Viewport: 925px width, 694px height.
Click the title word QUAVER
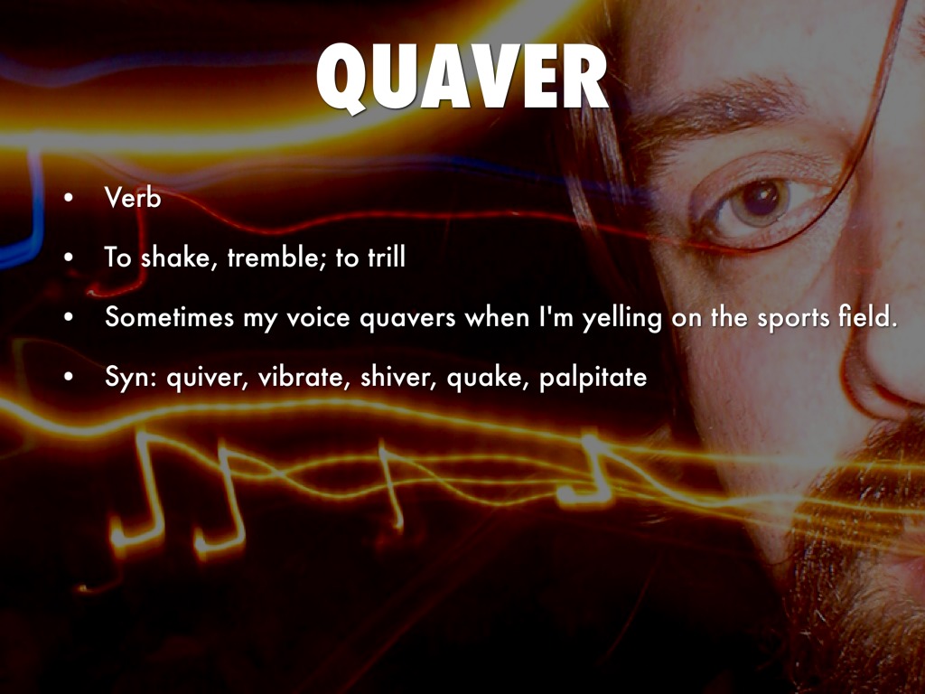tap(462, 80)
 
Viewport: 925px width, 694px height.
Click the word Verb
tap(133, 198)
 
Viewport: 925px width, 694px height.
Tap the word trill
tap(385, 258)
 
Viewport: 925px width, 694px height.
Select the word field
tap(866, 318)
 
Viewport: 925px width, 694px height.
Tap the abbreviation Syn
tap(126, 379)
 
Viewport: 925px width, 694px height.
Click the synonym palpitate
tap(593, 379)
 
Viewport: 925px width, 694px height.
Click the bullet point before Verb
tap(69, 199)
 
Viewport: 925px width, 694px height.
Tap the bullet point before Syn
tap(69, 379)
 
